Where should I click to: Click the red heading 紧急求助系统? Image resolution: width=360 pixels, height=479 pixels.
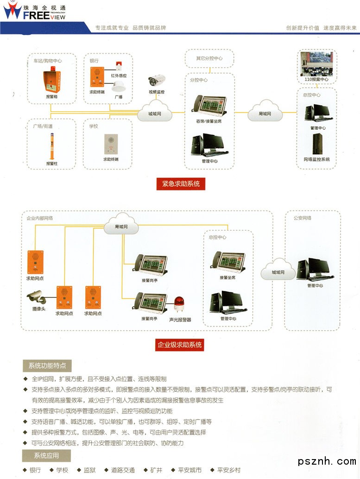(181, 184)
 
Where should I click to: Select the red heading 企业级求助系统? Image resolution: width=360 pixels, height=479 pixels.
(180, 345)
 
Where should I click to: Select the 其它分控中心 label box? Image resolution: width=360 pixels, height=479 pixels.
(209, 59)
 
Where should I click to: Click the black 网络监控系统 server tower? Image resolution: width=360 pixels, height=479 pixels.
(317, 144)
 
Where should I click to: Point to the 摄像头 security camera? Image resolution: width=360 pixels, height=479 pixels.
(36, 296)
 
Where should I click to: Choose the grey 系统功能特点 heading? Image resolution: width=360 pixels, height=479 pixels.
(47, 366)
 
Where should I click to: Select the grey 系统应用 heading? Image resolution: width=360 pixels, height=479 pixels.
(46, 455)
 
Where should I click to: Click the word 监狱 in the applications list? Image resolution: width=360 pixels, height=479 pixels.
(90, 470)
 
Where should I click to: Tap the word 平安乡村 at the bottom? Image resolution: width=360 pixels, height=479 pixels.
(229, 470)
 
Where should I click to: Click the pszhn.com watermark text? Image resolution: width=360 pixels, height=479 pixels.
(327, 461)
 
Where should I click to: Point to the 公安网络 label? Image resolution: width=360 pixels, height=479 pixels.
(303, 218)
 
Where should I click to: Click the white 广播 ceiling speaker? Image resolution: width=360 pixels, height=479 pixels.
(119, 87)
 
